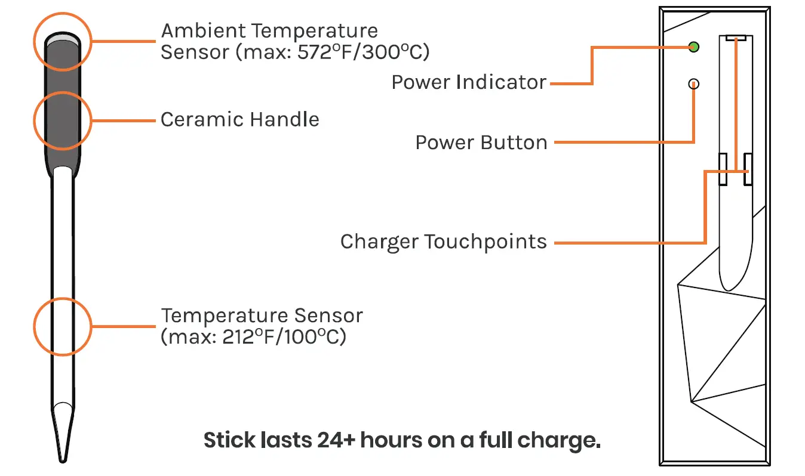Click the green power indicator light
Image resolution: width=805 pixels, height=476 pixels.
coord(693,47)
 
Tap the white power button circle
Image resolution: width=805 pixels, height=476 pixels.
coord(693,84)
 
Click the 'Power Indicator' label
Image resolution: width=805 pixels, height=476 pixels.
coord(469,82)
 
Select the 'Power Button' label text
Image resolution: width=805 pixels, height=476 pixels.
coord(481,143)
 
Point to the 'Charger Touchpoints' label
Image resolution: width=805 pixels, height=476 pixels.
coord(443,242)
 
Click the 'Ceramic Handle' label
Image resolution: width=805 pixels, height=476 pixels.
coord(239,119)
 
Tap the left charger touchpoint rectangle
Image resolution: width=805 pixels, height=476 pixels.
coord(722,169)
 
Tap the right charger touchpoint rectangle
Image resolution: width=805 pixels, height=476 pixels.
coord(747,169)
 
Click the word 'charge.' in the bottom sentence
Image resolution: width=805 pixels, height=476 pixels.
coord(561,440)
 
